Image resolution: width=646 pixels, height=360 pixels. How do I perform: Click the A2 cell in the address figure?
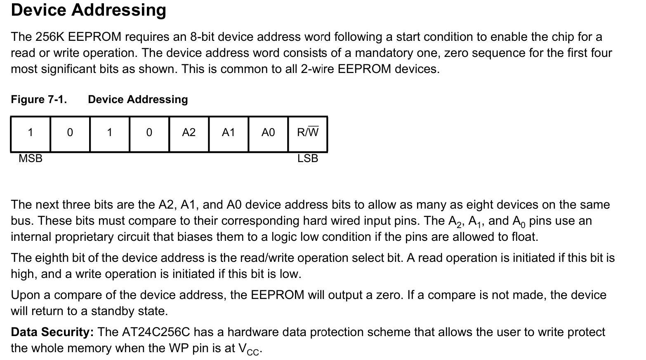point(189,134)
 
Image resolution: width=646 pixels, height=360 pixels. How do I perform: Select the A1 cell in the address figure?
point(229,134)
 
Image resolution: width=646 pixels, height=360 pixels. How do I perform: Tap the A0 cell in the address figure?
point(268,134)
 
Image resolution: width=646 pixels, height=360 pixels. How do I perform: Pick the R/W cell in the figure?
point(308,134)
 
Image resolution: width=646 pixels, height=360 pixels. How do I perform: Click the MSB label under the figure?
point(31,158)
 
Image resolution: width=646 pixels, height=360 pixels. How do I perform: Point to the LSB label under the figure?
point(308,158)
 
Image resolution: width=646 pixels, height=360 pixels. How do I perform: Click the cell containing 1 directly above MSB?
point(30,134)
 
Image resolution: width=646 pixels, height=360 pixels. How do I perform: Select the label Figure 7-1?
point(39,99)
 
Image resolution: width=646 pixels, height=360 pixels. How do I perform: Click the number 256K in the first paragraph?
point(50,37)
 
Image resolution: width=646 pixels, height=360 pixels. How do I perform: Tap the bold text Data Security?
point(52,332)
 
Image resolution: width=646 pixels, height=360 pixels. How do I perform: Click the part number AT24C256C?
point(156,332)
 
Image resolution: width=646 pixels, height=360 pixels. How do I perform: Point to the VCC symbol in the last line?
point(249,349)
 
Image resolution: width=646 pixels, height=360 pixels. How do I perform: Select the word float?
point(525,237)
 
